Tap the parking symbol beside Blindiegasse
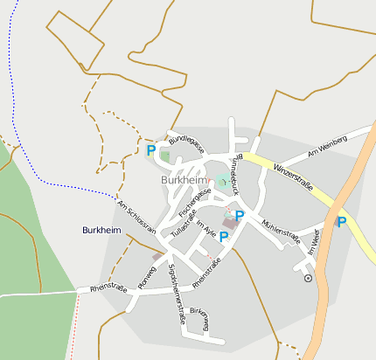pyautogui.click(x=151, y=150)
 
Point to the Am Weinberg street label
pyautogui.click(x=330, y=149)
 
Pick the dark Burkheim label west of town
pyautogui.click(x=101, y=230)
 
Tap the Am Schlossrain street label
pyautogui.click(x=136, y=217)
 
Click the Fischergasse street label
pyautogui.click(x=194, y=202)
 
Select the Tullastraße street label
pyautogui.click(x=185, y=224)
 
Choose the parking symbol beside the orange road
pyautogui.click(x=342, y=222)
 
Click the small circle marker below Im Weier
pyautogui.click(x=308, y=278)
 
